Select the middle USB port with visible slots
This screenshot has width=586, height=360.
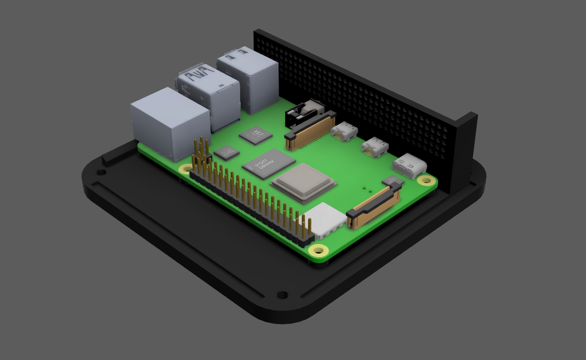point(209,95)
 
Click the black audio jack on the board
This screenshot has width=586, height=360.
point(304,113)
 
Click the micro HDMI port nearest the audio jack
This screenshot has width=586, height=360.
point(344,132)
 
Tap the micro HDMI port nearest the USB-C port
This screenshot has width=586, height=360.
point(375,147)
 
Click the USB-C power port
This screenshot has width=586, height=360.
point(409,166)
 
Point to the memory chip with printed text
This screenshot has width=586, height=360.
point(268,164)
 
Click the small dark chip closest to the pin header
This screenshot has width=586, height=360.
point(227,153)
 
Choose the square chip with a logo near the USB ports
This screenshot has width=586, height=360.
point(255,136)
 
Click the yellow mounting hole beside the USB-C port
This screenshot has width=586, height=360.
point(426,180)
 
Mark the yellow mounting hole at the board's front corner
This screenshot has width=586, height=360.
point(318,250)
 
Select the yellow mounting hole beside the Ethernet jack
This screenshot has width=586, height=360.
point(185,169)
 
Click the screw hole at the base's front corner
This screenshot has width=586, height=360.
point(282,295)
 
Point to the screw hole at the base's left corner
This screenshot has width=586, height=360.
point(101,172)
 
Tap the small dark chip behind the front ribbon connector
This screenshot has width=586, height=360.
point(393,181)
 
